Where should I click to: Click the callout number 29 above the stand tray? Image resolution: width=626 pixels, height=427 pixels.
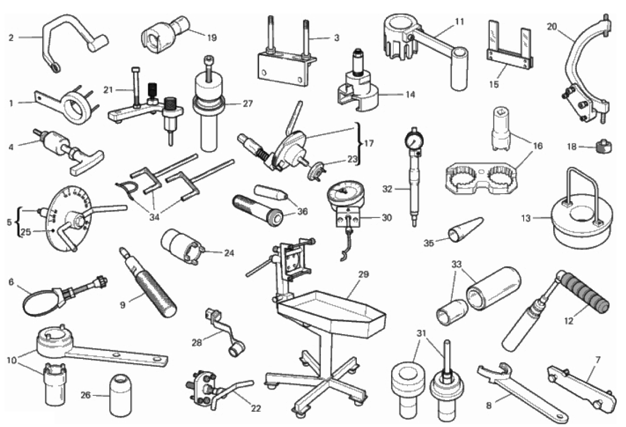363,274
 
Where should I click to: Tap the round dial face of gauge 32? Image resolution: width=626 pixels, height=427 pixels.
414,140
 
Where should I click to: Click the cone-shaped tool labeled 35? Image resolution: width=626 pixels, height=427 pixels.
464,230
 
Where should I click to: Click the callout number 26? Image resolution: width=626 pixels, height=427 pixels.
86,395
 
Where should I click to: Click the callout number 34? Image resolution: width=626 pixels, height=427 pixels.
154,217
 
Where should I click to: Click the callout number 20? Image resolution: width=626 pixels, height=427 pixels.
552,26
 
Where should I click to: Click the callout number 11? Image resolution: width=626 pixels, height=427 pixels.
460,21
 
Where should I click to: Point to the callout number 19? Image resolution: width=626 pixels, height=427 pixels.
212,37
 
